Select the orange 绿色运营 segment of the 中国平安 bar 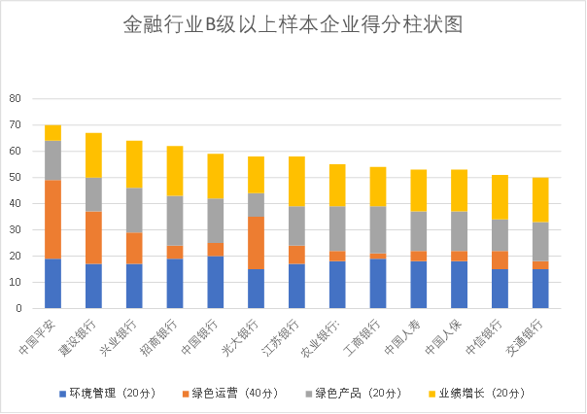[x=52, y=219]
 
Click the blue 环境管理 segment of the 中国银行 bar [x=215, y=282]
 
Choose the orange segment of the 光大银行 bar [x=256, y=242]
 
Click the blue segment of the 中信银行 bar [x=500, y=289]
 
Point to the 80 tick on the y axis [x=15, y=98]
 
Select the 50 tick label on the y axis [x=15, y=177]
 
